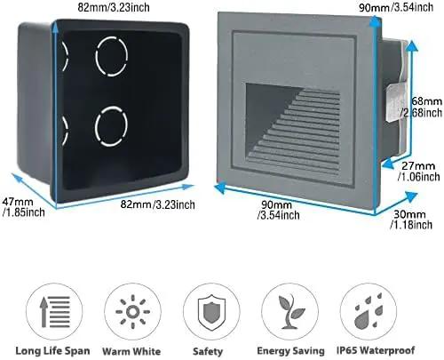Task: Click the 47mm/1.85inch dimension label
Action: click(24, 207)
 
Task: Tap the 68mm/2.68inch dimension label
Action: click(422, 107)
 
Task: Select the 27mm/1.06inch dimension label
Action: click(419, 172)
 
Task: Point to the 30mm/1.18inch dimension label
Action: click(411, 220)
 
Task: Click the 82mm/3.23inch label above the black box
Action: click(114, 7)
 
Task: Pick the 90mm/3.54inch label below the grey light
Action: click(278, 210)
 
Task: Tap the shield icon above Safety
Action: click(211, 311)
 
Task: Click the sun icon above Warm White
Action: click(132, 312)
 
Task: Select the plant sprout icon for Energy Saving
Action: click(290, 311)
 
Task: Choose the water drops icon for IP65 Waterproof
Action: click(369, 311)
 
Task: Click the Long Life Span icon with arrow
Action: click(55, 311)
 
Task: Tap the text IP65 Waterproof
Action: click(376, 350)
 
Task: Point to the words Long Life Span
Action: click(52, 351)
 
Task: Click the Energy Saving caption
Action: click(290, 351)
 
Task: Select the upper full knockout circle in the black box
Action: click(111, 56)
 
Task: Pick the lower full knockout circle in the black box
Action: click(111, 126)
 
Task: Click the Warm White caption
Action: click(131, 351)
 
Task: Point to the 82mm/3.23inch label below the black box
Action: click(157, 204)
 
